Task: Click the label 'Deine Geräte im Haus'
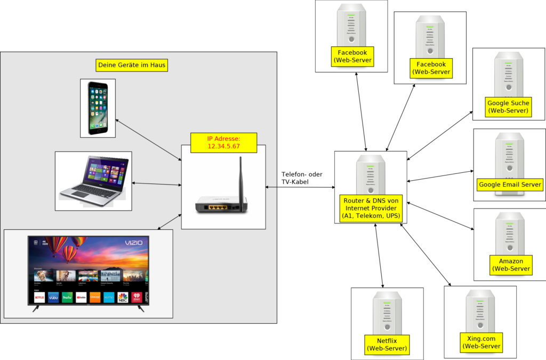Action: pos(132,66)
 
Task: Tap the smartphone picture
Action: pos(98,108)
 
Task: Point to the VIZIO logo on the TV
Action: pos(134,243)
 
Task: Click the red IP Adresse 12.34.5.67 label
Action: pos(223,142)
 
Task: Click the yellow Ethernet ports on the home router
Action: pos(217,206)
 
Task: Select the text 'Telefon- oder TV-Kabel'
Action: pos(302,178)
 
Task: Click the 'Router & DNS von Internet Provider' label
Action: pos(371,208)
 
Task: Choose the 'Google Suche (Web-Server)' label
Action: pos(508,107)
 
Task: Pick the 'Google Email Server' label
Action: pos(510,185)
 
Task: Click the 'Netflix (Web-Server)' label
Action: pos(387,345)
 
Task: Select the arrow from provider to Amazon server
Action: pos(440,216)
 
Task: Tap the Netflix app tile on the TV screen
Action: pos(39,298)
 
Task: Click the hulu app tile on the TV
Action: pos(67,298)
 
